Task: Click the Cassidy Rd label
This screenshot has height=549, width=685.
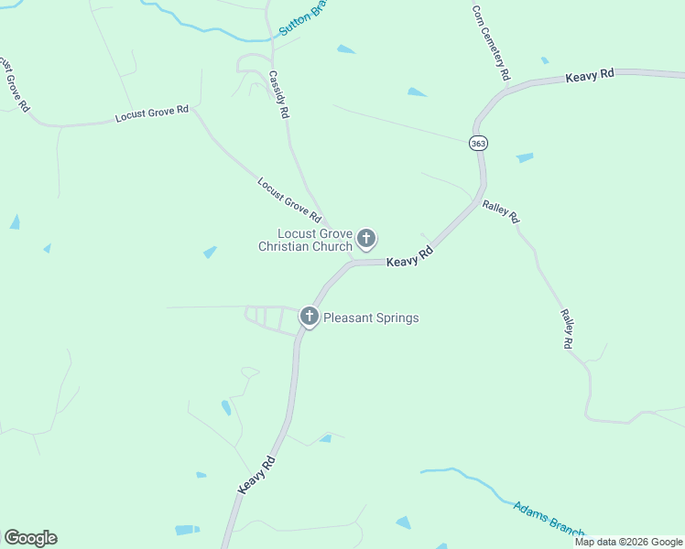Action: click(x=279, y=95)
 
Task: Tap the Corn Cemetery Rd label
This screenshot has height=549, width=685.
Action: click(x=491, y=42)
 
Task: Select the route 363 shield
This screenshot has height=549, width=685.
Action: click(x=478, y=144)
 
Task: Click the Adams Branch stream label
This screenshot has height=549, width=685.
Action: click(x=549, y=518)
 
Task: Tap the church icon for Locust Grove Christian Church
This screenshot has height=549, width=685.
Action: click(x=366, y=240)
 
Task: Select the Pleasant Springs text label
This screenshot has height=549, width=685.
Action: click(x=371, y=318)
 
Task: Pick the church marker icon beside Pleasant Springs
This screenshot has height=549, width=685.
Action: click(x=310, y=318)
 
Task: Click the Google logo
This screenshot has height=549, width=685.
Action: click(x=30, y=538)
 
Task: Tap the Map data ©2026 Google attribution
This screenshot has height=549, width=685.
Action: click(x=629, y=542)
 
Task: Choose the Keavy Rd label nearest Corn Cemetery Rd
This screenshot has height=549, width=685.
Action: click(x=589, y=76)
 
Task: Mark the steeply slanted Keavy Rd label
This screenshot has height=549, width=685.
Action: click(x=256, y=476)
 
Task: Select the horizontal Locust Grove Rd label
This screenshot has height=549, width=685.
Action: click(x=152, y=114)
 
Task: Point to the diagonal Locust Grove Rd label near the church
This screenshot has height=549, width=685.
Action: click(x=289, y=200)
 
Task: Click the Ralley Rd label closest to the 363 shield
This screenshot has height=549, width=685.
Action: click(x=501, y=212)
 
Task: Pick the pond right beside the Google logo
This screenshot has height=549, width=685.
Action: click(x=187, y=530)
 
